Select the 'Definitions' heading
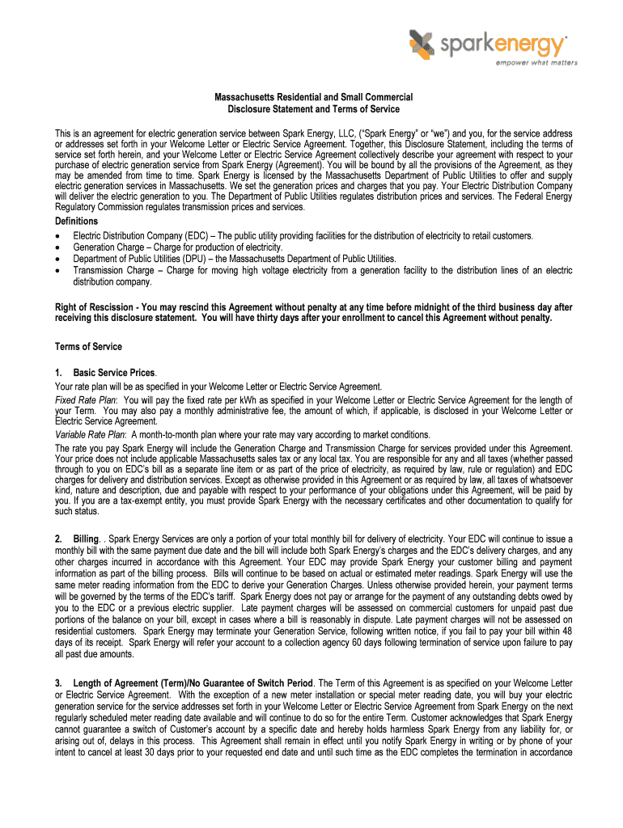pos(77,221)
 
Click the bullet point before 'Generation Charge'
pos(57,247)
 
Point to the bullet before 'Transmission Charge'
pos(57,271)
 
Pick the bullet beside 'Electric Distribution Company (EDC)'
pos(57,236)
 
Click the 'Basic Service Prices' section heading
pos(113,373)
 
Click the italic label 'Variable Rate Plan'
pos(90,434)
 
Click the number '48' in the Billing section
pos(566,631)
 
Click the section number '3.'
pos(59,684)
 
